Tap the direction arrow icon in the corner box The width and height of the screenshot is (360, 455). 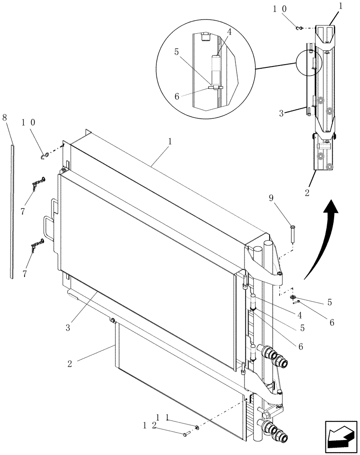pos(340,436)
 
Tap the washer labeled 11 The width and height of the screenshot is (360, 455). pos(197,428)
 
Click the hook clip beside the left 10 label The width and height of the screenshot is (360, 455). pos(44,156)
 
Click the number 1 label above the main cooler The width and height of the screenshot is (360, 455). pos(170,141)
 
